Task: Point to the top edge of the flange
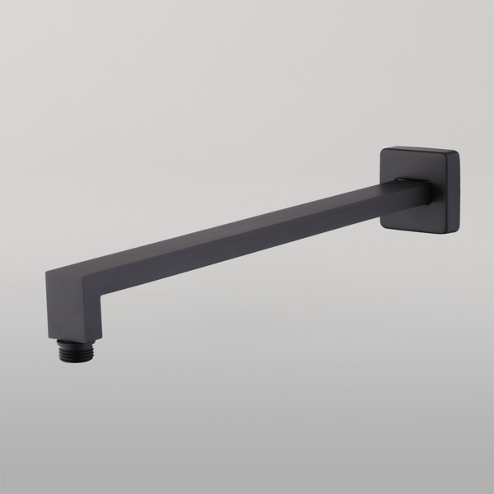420,151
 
